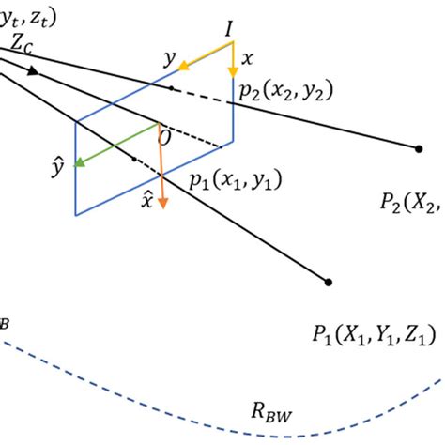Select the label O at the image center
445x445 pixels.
tap(165, 137)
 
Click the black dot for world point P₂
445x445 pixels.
tap(418, 147)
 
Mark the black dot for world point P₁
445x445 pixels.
tap(327, 281)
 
